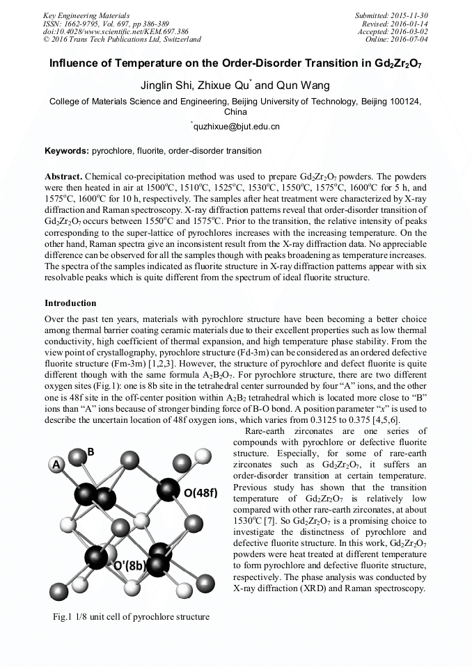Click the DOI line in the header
[x=115, y=31]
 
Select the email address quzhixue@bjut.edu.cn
[x=237, y=127]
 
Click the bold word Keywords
[x=67, y=151]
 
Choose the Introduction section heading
[x=70, y=303]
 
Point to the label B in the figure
[x=91, y=452]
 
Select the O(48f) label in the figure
[x=200, y=493]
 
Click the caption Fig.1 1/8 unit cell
[x=131, y=616]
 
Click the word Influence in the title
[x=77, y=64]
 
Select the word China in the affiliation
[x=235, y=111]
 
